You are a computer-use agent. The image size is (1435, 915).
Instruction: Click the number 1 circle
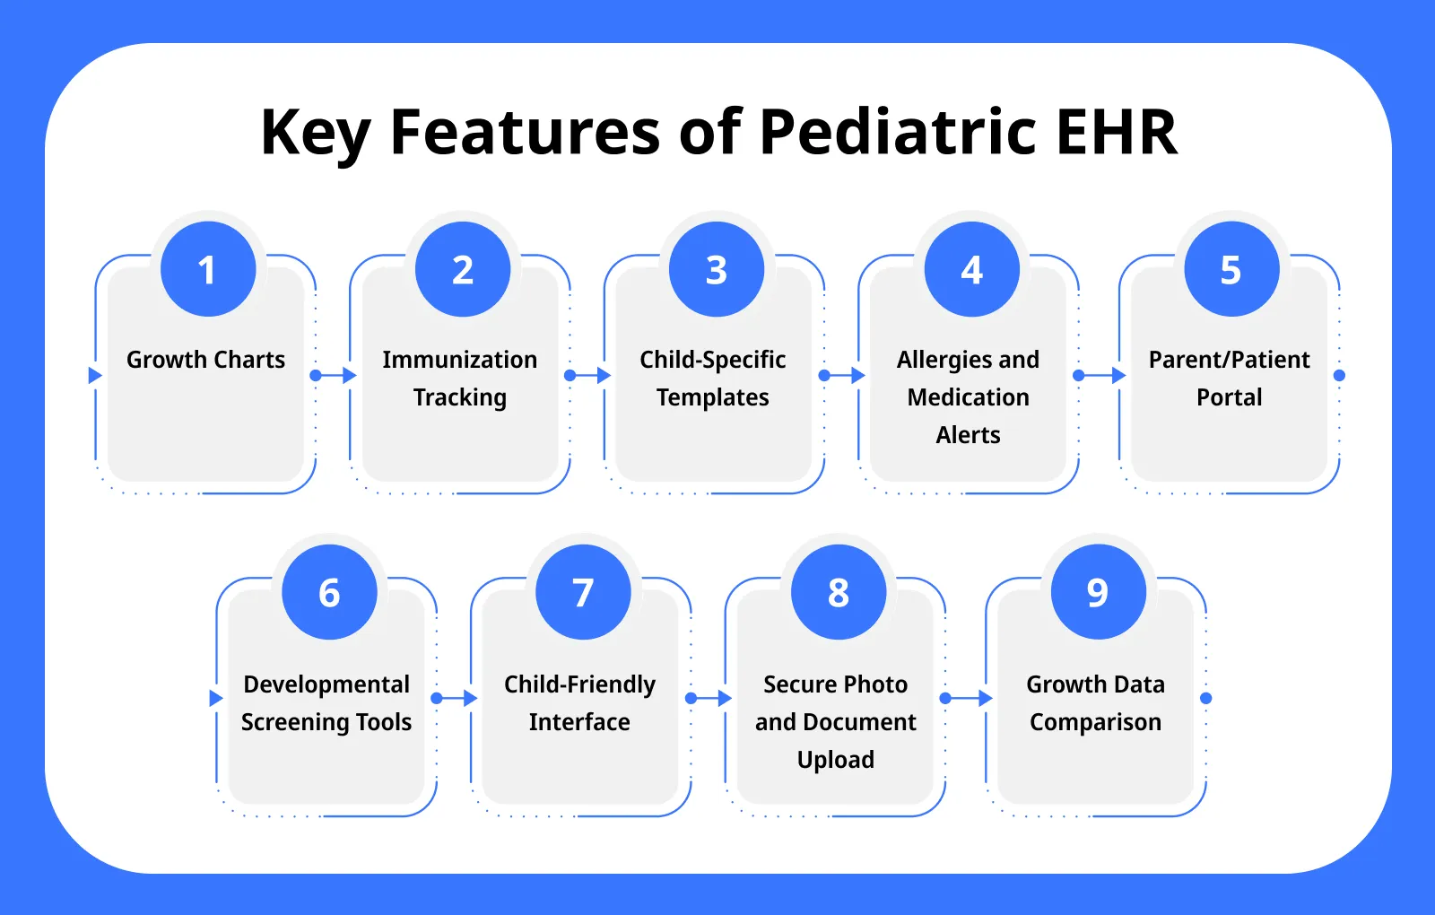[208, 269]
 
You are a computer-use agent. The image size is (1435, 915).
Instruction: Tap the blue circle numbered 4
[972, 269]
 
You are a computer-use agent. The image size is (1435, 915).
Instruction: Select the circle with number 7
[583, 592]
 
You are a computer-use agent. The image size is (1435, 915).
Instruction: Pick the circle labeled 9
[1098, 592]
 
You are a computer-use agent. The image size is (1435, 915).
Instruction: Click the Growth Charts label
[205, 360]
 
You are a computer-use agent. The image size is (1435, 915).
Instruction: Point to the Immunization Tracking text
[459, 378]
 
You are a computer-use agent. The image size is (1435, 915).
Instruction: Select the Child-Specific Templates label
[713, 378]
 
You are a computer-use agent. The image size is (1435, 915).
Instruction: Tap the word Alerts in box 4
[968, 435]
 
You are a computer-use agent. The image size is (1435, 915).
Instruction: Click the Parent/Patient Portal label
[1229, 378]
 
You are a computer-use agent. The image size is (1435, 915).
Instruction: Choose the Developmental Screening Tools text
[326, 702]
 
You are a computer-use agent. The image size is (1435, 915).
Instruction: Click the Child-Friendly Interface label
[579, 702]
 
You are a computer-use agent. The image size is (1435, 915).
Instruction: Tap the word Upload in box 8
[835, 760]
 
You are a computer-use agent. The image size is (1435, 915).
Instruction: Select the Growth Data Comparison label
[1095, 702]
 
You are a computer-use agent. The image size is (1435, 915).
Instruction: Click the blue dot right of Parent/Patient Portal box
[1339, 375]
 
